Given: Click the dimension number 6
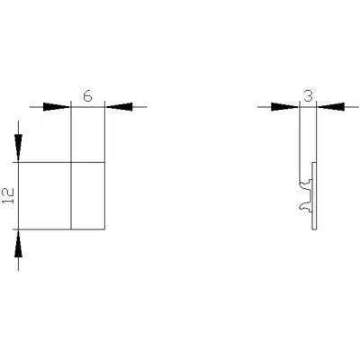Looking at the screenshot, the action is (87, 96).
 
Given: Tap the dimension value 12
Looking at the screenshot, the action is (9, 196).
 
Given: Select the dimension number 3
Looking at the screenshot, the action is (308, 96).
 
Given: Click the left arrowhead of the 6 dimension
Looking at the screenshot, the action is (57, 107).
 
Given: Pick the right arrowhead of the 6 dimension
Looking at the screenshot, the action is (120, 107).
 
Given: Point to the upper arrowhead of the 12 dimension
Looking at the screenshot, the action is (18, 148).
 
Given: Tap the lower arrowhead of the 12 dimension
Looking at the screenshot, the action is (18, 244).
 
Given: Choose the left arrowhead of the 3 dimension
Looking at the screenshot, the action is (284, 107).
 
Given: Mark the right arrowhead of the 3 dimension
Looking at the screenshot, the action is (331, 107).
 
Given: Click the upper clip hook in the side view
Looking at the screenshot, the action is (306, 183).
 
